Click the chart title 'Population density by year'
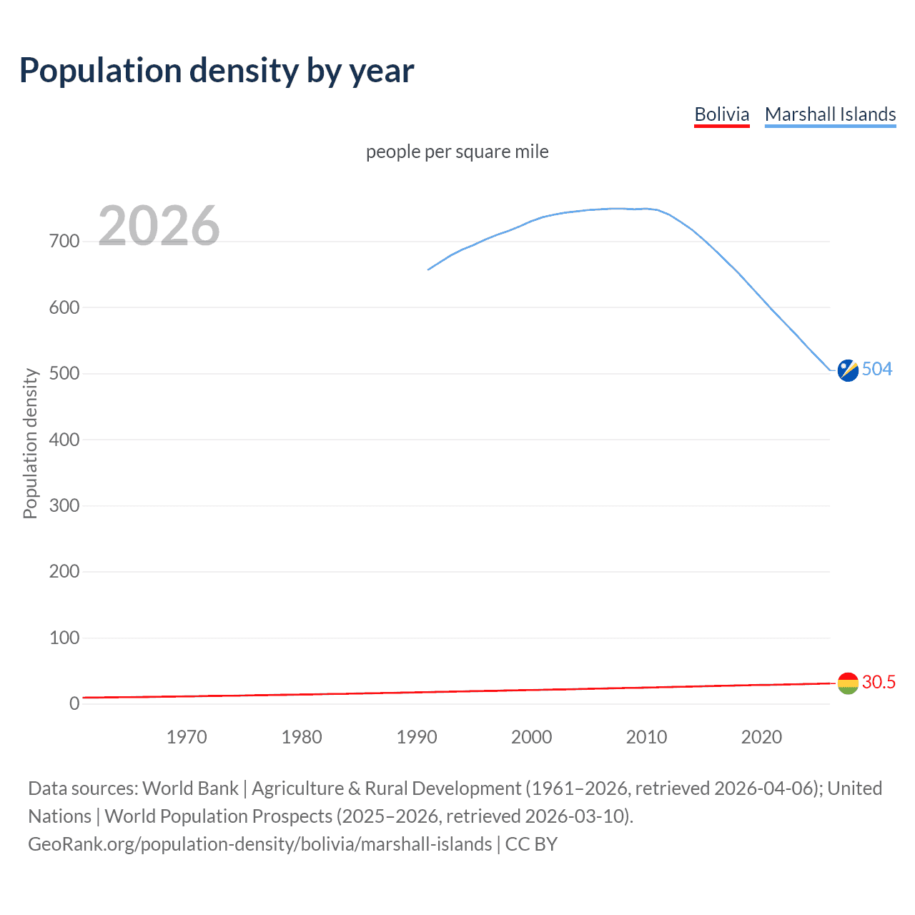click(217, 70)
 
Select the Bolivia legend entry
click(721, 114)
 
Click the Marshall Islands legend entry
click(830, 114)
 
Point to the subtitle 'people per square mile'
click(457, 152)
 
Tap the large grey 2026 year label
click(159, 226)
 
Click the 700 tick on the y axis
click(64, 242)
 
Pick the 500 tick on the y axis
click(64, 374)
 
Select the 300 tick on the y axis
click(64, 506)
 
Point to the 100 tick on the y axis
click(64, 638)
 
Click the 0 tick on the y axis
click(74, 703)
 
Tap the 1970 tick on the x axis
click(187, 737)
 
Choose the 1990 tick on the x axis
click(417, 737)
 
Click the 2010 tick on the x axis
click(646, 737)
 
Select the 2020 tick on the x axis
click(761, 737)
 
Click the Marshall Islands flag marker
click(848, 370)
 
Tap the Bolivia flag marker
click(848, 683)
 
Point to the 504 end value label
click(877, 369)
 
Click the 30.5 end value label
click(879, 682)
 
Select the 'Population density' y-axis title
click(30, 443)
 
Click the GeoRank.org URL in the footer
click(260, 844)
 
